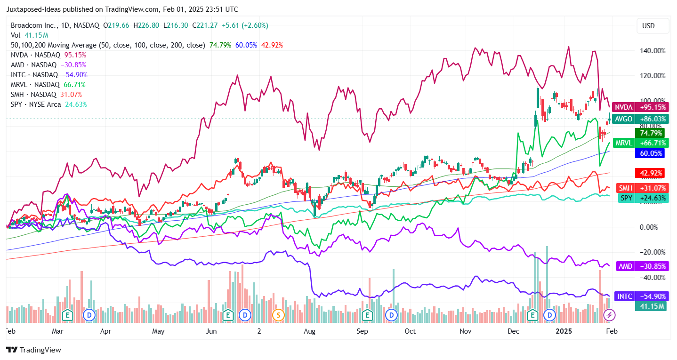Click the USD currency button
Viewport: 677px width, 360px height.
[x=648, y=26]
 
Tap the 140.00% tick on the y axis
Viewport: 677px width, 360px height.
[x=652, y=51]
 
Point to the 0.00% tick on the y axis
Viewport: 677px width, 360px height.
[x=652, y=227]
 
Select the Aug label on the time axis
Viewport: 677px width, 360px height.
[x=309, y=331]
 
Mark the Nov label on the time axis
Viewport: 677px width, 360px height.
[x=466, y=331]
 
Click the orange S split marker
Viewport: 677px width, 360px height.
[x=279, y=315]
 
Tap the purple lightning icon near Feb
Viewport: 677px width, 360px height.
[x=610, y=315]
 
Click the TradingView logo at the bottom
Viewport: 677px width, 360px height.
[x=33, y=350]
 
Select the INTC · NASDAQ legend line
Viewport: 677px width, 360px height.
[x=49, y=75]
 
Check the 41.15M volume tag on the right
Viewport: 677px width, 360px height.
[x=652, y=307]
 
